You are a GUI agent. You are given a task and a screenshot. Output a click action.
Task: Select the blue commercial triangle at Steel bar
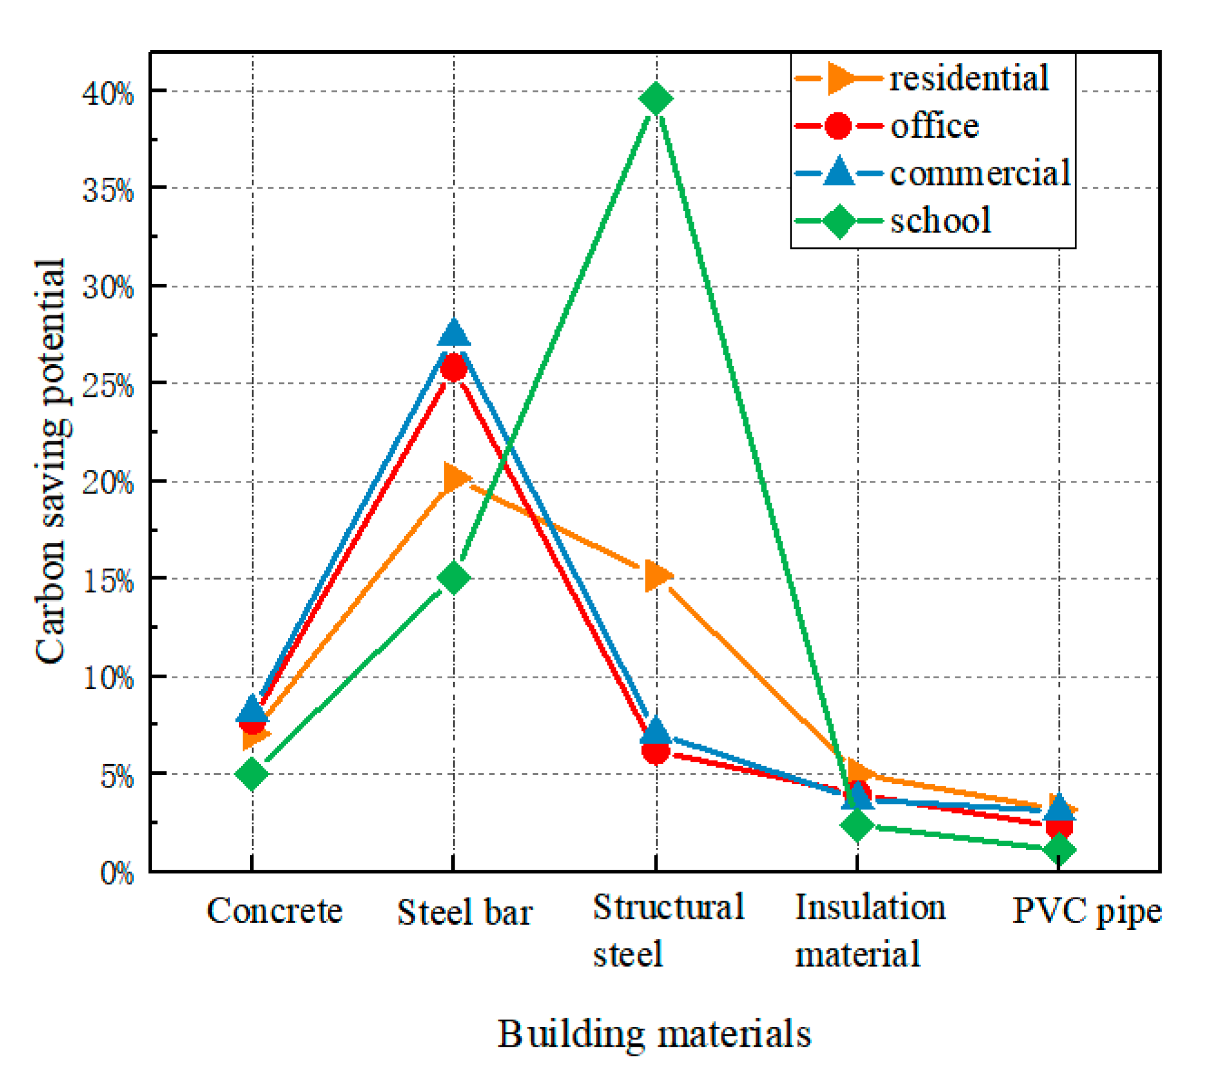pyautogui.click(x=453, y=334)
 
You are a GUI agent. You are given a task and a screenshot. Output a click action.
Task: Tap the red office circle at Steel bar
pyautogui.click(x=453, y=367)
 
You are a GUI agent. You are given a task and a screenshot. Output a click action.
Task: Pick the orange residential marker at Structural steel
pyautogui.click(x=657, y=576)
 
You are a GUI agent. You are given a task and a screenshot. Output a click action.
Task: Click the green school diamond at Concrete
pyautogui.click(x=252, y=774)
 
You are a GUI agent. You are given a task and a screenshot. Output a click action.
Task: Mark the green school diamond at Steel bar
pyautogui.click(x=453, y=577)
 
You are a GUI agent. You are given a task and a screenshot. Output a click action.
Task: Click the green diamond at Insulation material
pyautogui.click(x=857, y=824)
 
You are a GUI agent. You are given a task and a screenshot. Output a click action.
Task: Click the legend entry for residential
pyautogui.click(x=968, y=79)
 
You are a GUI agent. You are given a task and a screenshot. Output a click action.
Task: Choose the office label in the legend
pyautogui.click(x=934, y=126)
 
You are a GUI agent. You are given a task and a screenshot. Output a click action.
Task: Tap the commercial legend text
pyautogui.click(x=980, y=173)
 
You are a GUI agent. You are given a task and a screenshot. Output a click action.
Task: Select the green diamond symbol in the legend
pyautogui.click(x=839, y=221)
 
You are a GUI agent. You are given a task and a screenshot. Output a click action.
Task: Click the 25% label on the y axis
pyautogui.click(x=108, y=385)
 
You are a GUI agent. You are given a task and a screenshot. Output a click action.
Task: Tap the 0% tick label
pyautogui.click(x=117, y=873)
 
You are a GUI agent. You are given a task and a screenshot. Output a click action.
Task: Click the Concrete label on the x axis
pyautogui.click(x=274, y=911)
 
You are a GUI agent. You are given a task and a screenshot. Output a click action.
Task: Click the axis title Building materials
pyautogui.click(x=654, y=1034)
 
